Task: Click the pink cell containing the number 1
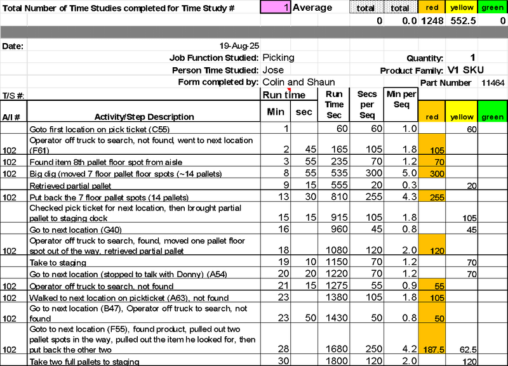coord(276,7)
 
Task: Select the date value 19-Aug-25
coord(239,46)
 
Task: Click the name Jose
coord(273,70)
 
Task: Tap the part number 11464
coord(493,83)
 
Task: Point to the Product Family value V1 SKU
coord(465,70)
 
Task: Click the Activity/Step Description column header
coord(144,117)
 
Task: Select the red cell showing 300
coord(437,174)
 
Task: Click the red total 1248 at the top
coord(432,21)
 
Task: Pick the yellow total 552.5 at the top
coord(464,21)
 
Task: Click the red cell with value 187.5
coord(434,350)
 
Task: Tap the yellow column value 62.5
coord(468,350)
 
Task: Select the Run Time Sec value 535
coord(339,173)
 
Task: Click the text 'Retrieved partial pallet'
coord(70,186)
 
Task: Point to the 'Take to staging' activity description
coord(58,263)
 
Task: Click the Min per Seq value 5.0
coord(410,173)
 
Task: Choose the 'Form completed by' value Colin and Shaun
coord(298,82)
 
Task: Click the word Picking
coord(279,58)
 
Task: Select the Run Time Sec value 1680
coord(337,349)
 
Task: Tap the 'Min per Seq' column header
coord(401,100)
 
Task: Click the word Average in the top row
coord(312,8)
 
